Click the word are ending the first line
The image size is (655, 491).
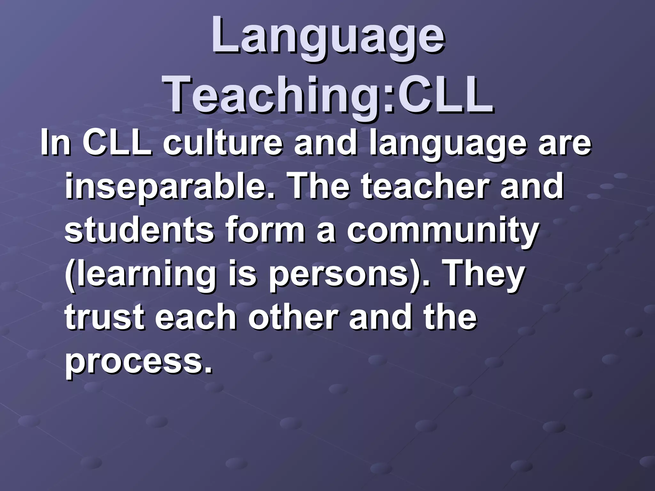click(x=564, y=144)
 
